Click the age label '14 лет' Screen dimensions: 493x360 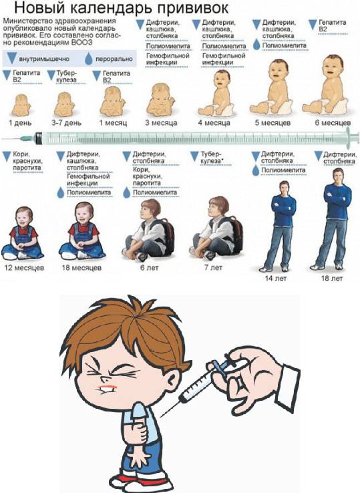pyautogui.click(x=275, y=277)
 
